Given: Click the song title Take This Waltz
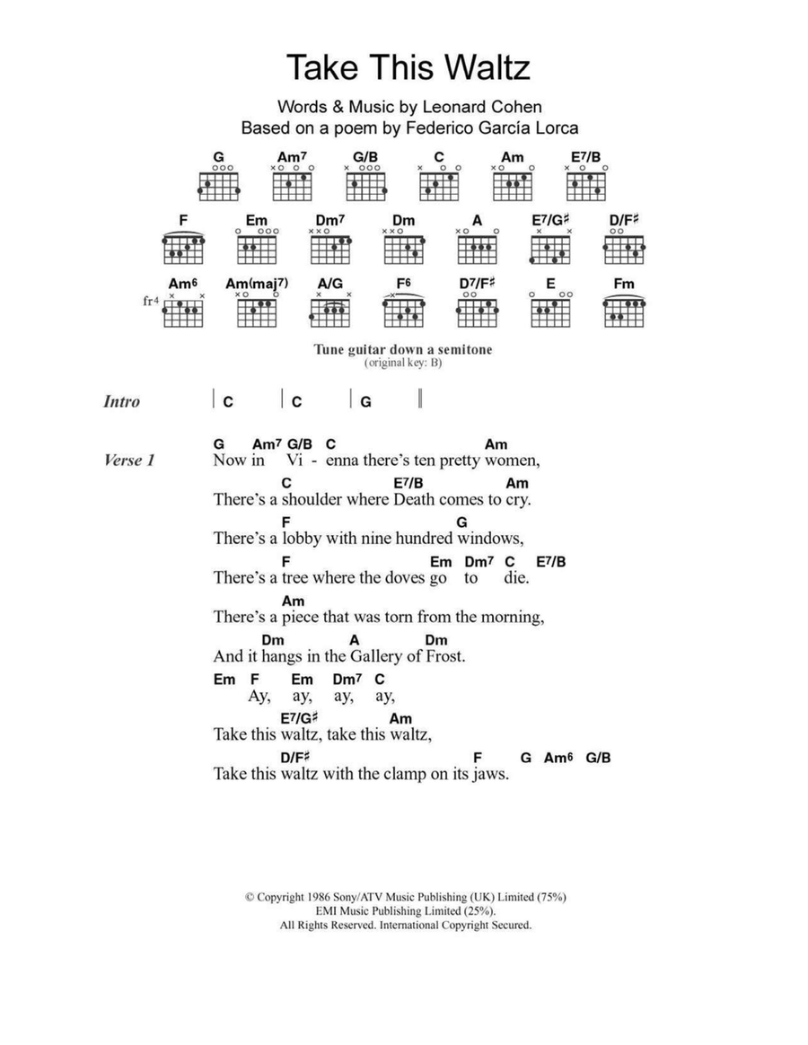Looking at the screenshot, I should [x=408, y=68].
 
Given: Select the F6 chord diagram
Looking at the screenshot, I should [x=402, y=310].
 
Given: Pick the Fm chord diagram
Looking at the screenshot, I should [x=624, y=310].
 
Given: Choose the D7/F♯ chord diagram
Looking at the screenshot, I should [x=476, y=310].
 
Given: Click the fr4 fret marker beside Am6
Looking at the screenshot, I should [x=151, y=302].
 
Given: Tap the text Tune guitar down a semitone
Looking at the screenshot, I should [x=402, y=349].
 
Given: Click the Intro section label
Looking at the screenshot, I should [x=122, y=402].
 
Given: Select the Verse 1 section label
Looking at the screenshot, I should [x=130, y=461].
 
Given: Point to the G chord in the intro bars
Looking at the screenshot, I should [x=365, y=402].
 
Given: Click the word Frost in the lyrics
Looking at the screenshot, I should [x=444, y=656].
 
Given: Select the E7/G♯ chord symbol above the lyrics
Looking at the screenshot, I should [x=300, y=718].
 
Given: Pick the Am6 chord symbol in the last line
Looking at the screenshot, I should [x=558, y=758].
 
